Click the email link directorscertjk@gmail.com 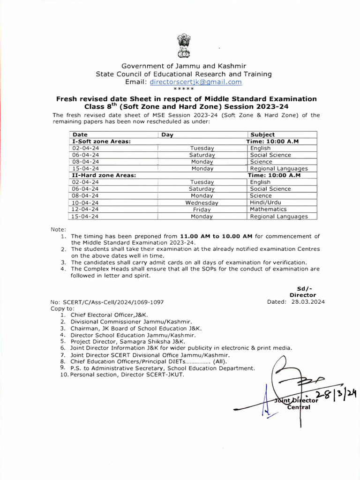coord(195,82)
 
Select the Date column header coord(80,135)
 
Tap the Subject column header coord(262,135)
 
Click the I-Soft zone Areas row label coord(101,141)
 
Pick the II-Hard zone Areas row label coord(103,175)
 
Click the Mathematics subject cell coord(268,210)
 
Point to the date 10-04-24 coord(85,202)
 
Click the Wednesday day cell coord(202,203)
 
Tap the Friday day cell coord(202,210)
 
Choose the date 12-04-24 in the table coord(85,210)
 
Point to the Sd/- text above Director coord(304,288)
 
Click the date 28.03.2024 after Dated coord(309,302)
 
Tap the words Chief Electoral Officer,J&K coord(110,315)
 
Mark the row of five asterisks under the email coord(183,89)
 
